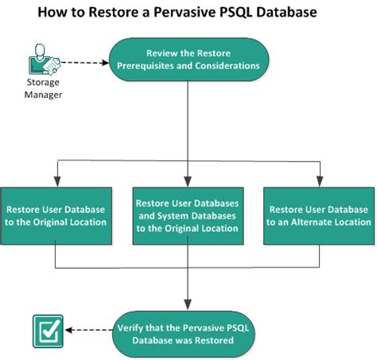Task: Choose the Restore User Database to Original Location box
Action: coord(55,215)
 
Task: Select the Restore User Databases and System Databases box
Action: coord(188,215)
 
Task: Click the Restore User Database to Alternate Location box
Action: coord(319,215)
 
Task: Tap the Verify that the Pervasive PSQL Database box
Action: coord(188,332)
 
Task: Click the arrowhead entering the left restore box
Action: coord(55,183)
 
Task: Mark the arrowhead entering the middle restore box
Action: coord(188,183)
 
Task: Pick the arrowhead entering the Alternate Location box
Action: coord(319,183)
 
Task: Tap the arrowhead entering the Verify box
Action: coord(188,304)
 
